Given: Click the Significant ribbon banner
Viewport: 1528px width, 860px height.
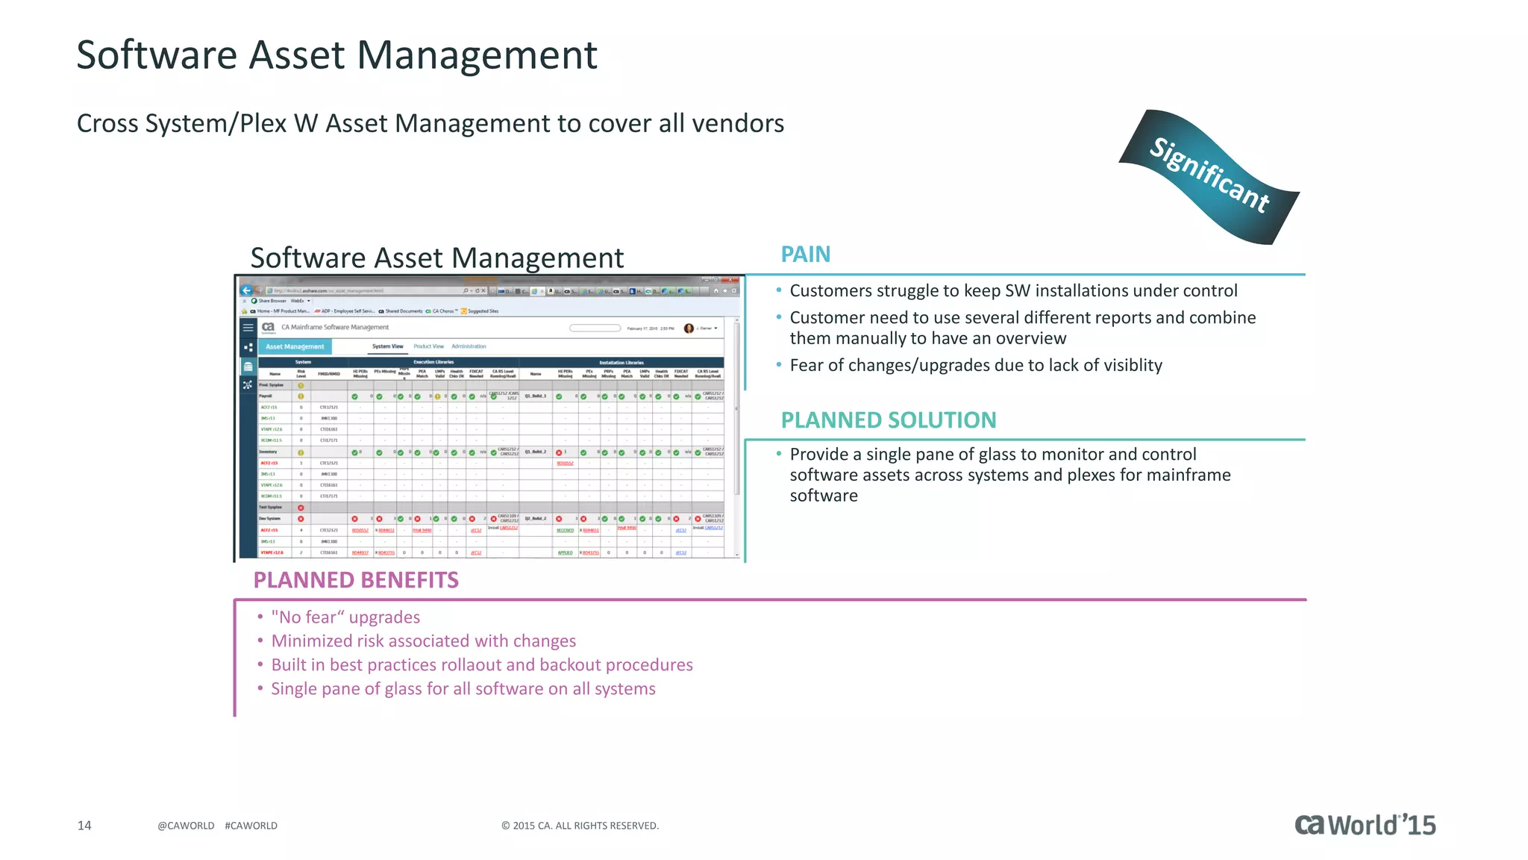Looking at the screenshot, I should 1209,176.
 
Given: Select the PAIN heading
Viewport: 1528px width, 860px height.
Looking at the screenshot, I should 805,255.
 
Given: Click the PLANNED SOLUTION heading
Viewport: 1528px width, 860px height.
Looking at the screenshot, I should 888,420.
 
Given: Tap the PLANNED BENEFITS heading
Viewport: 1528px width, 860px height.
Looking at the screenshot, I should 356,580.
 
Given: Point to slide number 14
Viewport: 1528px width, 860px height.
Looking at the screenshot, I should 84,825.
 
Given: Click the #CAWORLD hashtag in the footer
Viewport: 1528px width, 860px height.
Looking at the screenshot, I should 251,826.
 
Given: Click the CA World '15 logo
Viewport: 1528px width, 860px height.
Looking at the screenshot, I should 1365,824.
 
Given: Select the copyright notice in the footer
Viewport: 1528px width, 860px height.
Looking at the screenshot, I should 580,826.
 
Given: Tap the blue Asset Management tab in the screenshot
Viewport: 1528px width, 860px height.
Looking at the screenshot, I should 295,346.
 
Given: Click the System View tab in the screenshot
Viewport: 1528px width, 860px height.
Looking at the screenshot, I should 387,346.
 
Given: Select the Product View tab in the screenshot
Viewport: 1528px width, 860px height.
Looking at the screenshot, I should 428,346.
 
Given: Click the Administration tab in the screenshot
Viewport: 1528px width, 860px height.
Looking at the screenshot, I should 469,346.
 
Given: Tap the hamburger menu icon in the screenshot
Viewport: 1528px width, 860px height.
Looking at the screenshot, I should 248,327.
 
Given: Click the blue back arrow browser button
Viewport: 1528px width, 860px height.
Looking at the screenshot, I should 246,290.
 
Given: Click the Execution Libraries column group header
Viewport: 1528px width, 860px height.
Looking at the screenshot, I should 433,362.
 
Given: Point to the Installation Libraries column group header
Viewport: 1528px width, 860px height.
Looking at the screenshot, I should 621,362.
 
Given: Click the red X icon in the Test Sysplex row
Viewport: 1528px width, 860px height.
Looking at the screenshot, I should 301,508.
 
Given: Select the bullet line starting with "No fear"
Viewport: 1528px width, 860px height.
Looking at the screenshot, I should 345,617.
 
